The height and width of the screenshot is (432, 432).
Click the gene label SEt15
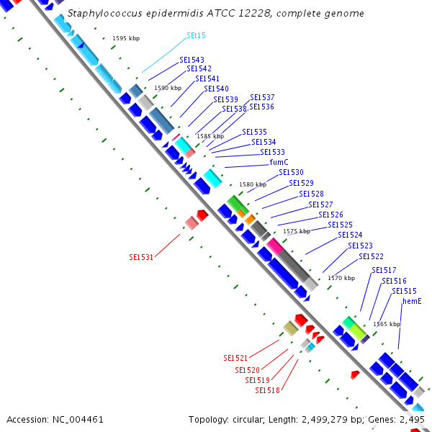click(196, 35)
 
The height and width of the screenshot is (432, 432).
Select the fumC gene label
click(279, 162)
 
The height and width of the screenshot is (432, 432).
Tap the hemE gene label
click(411, 301)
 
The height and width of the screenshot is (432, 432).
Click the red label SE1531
click(141, 257)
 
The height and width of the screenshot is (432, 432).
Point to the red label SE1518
click(267, 390)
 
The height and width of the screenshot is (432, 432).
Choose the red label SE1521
click(235, 358)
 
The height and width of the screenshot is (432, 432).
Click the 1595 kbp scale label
click(126, 38)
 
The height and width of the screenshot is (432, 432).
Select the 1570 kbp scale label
click(341, 278)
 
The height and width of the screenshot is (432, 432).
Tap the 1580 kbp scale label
click(252, 185)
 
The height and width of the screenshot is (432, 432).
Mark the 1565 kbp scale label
click(387, 324)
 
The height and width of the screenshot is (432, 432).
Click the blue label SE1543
click(192, 60)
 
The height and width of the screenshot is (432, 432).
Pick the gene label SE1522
click(371, 256)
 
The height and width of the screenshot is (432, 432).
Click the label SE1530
click(292, 173)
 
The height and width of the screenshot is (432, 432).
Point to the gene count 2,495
click(412, 419)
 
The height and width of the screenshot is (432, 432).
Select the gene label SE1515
click(404, 291)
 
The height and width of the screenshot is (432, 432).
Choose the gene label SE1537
click(262, 97)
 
